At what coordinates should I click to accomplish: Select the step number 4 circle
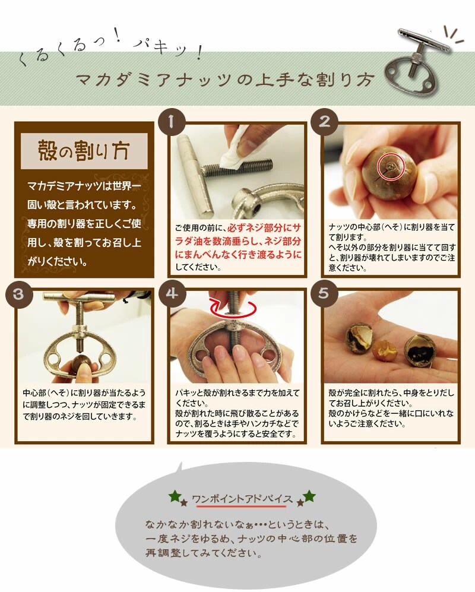click(172, 293)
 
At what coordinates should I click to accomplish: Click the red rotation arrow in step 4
click(234, 309)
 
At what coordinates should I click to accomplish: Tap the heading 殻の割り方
click(84, 150)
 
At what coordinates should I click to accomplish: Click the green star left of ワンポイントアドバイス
click(174, 495)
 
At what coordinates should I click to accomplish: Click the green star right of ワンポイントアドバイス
click(309, 495)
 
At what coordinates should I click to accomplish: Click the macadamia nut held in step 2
click(389, 172)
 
